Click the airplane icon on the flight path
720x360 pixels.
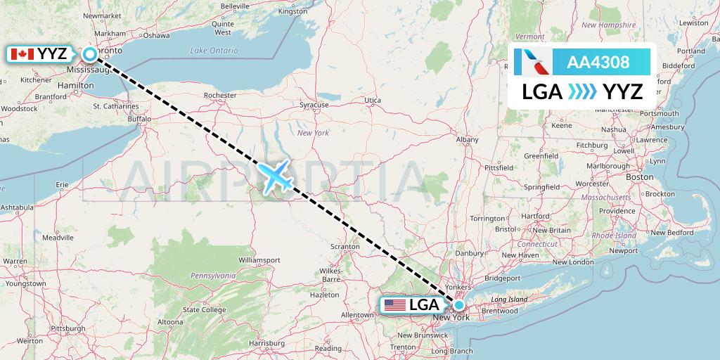(278, 176)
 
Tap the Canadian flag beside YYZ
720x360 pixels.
(22, 54)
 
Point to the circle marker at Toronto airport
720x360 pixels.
(90, 54)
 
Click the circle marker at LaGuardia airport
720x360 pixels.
(458, 305)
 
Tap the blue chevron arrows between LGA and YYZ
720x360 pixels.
(581, 91)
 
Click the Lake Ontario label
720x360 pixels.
(214, 51)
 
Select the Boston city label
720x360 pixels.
(639, 177)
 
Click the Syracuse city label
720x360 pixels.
(314, 105)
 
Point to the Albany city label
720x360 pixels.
(467, 140)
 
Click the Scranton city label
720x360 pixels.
(345, 247)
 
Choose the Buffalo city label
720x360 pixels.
(139, 120)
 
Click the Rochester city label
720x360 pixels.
(219, 95)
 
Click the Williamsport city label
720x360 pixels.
(259, 260)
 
